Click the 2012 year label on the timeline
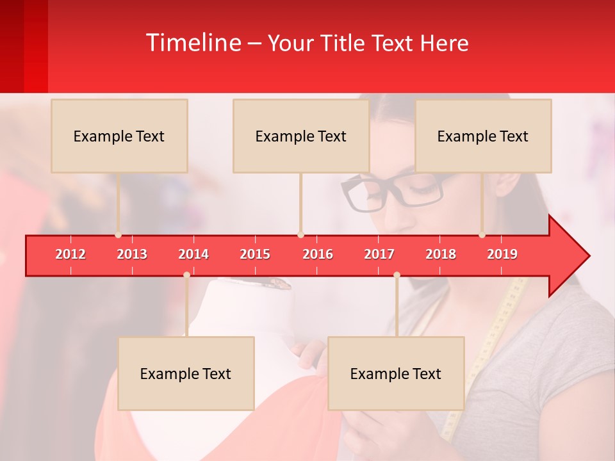(70, 254)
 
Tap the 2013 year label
(132, 254)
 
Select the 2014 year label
(193, 254)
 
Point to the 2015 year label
(255, 254)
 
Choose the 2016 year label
(318, 254)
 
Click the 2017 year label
(379, 254)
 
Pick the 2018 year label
(441, 254)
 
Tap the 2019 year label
(502, 254)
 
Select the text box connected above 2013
(119, 136)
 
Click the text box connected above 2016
(301, 136)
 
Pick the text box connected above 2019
(483, 136)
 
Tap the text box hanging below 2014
(186, 373)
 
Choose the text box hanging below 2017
(396, 373)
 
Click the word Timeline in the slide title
(193, 43)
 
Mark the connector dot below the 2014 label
(186, 275)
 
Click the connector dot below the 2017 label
(397, 275)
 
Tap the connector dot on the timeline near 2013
(119, 235)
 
